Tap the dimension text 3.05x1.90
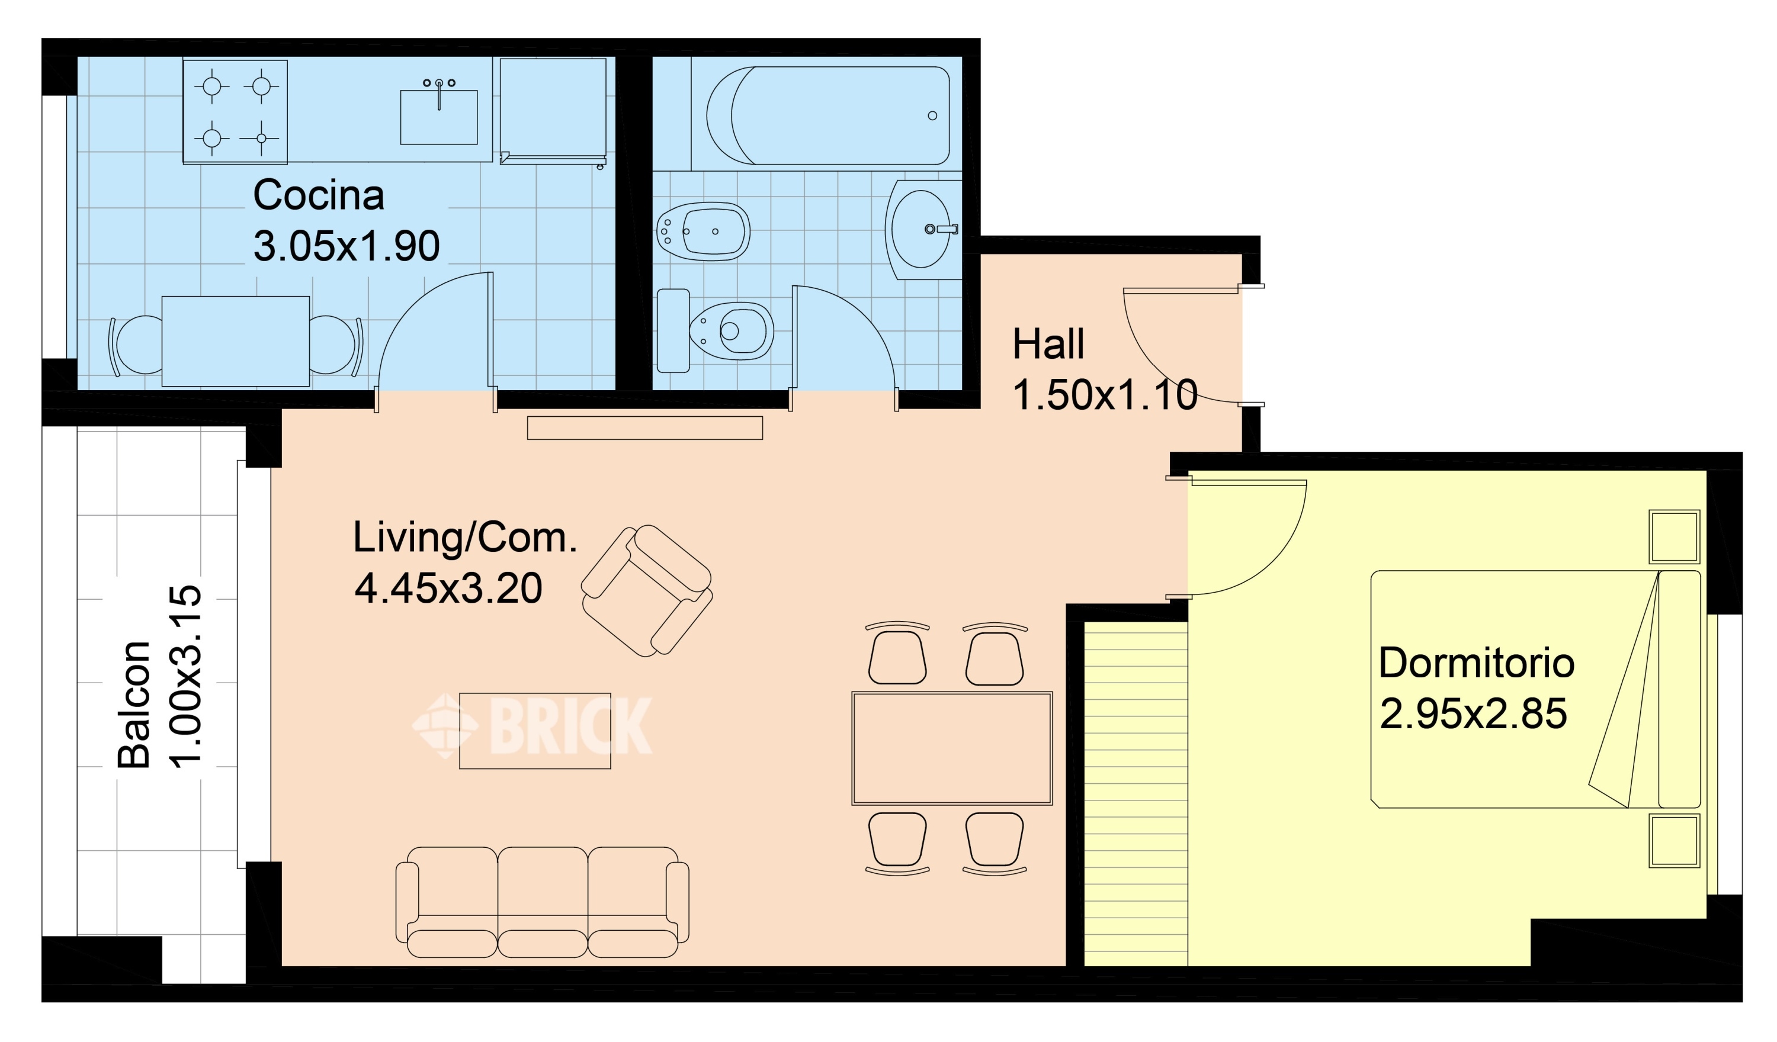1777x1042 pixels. click(x=347, y=246)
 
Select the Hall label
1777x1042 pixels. click(x=1048, y=344)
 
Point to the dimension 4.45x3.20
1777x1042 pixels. click(x=448, y=588)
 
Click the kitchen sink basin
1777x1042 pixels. click(x=438, y=116)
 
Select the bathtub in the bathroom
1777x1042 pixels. click(x=828, y=115)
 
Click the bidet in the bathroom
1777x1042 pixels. click(x=703, y=231)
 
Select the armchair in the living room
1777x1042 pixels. click(x=647, y=591)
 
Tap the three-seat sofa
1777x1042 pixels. click(x=542, y=902)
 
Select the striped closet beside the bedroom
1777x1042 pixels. click(x=1136, y=794)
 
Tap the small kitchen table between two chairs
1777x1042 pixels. click(x=236, y=341)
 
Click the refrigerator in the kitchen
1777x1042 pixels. click(x=554, y=110)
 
